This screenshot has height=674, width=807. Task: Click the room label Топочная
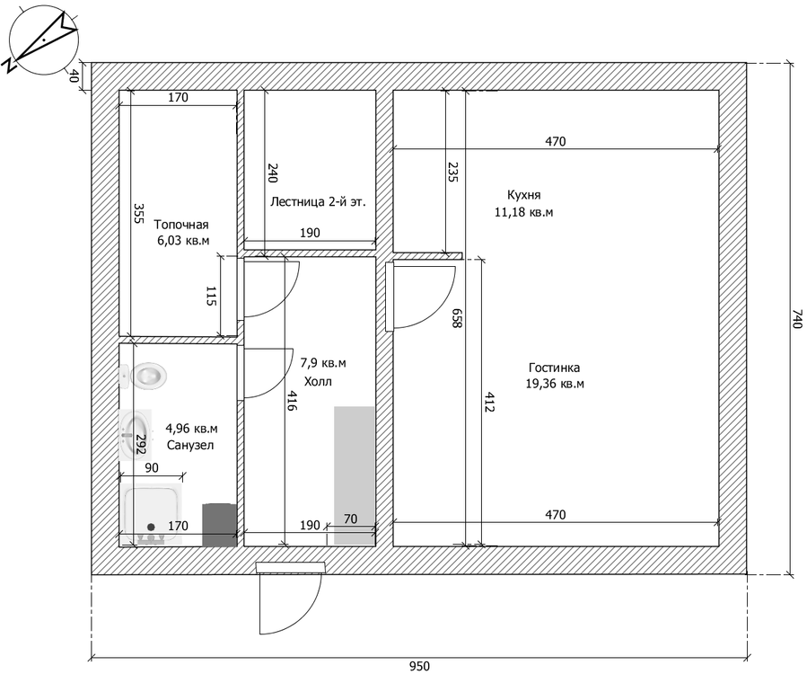point(181,225)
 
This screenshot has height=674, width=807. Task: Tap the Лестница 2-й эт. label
point(318,201)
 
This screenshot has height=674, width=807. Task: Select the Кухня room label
point(524,195)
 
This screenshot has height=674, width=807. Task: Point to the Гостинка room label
point(554,368)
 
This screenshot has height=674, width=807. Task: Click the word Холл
point(318,382)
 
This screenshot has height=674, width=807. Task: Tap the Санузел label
point(190,445)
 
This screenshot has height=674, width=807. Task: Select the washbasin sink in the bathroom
point(136,434)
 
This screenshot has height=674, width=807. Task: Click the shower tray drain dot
point(151,527)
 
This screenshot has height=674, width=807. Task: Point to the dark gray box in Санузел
point(219,525)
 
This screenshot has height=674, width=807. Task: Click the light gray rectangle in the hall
point(354,475)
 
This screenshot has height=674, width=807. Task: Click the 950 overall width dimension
point(419,666)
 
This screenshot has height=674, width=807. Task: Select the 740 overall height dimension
point(797,319)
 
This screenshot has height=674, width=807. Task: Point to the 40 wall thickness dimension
point(74,76)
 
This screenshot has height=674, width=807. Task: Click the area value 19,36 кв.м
point(555,384)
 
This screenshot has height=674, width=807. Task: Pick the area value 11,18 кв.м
point(524,212)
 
